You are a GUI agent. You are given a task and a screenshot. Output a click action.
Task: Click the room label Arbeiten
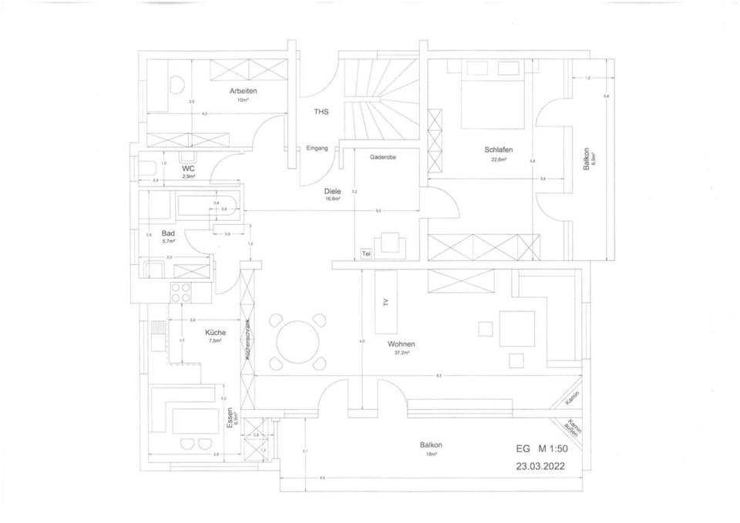click(243, 91)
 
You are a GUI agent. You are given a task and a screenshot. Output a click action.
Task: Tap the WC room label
click(188, 168)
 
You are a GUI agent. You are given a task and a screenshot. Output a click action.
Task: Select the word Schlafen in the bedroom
click(499, 150)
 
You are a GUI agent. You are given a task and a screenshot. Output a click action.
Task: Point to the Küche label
click(216, 333)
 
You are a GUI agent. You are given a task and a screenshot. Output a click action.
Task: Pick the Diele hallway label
click(333, 190)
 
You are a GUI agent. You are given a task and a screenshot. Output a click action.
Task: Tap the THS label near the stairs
click(321, 112)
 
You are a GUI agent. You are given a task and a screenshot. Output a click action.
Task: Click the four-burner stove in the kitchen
click(180, 293)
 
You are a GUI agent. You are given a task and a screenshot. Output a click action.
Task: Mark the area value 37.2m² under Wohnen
click(402, 353)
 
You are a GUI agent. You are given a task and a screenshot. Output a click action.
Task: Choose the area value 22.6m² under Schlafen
click(499, 160)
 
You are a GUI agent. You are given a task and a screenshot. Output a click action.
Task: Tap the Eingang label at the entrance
click(317, 148)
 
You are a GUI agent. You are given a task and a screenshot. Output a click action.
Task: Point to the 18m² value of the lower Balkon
click(431, 454)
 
